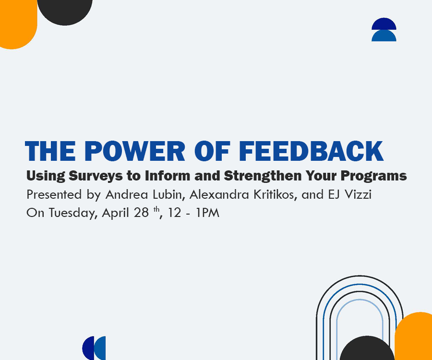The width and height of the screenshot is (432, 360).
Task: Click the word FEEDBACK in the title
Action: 311,151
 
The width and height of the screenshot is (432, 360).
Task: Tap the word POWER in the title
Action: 135,151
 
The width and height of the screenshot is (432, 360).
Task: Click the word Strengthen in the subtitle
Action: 263,176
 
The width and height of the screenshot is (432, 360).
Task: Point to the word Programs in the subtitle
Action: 373,176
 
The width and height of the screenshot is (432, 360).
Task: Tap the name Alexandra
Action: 219,194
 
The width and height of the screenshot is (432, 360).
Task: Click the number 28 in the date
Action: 141,213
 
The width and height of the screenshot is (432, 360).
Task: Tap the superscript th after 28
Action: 156,210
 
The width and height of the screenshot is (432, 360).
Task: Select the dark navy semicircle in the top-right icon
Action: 384,24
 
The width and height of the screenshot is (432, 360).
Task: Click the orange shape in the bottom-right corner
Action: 414,336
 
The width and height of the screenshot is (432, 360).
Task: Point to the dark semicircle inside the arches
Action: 367,349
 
